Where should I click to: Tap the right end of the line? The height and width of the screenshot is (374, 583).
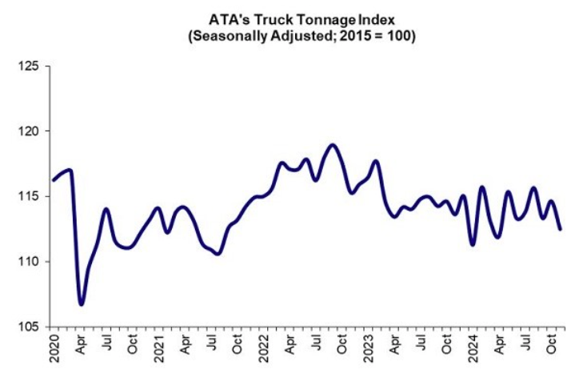tap(560, 229)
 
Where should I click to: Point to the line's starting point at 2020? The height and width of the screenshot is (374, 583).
tap(53, 179)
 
